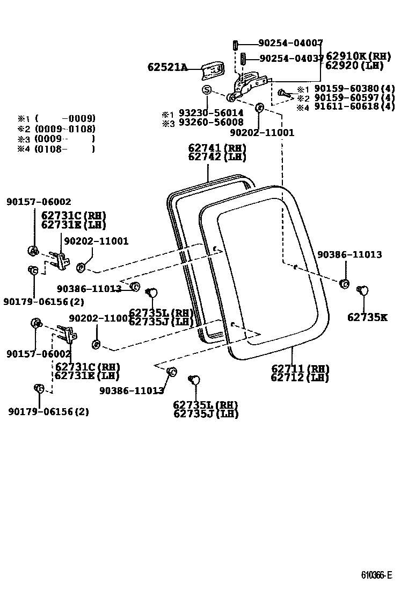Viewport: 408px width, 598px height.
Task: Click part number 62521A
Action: point(167,67)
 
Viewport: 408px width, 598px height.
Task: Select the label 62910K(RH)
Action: point(358,56)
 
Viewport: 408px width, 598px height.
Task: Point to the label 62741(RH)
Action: point(217,148)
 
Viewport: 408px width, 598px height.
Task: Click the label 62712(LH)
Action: point(300,378)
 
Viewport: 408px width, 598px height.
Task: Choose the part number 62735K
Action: point(367,317)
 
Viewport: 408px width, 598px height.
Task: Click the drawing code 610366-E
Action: point(376,575)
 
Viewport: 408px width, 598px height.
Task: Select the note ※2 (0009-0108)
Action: point(56,129)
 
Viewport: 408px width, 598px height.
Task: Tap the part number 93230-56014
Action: point(211,113)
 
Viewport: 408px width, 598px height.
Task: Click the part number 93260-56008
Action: point(211,122)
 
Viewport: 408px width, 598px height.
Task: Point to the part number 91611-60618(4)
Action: point(354,107)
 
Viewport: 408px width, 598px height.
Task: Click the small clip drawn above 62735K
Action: point(363,290)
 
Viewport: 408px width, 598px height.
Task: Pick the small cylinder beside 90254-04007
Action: point(235,44)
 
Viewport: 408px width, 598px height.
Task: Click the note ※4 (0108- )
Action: point(56,149)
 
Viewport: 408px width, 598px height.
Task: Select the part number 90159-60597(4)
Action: point(354,98)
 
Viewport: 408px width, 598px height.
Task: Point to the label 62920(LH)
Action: point(358,66)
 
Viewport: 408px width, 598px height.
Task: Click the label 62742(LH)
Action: point(217,157)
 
